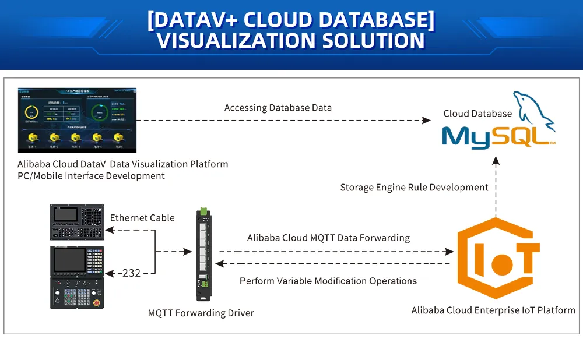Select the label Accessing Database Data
click(x=278, y=108)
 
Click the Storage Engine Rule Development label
click(x=414, y=188)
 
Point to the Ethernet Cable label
click(x=142, y=218)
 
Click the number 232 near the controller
click(x=131, y=273)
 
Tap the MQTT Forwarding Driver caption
click(x=201, y=313)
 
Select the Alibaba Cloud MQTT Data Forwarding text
click(x=328, y=238)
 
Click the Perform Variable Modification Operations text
click(x=328, y=281)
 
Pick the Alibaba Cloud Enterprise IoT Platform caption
click(x=493, y=310)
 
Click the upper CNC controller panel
click(x=77, y=222)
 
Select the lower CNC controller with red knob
click(x=77, y=277)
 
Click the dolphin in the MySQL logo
click(x=532, y=108)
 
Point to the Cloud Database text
click(x=477, y=114)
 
